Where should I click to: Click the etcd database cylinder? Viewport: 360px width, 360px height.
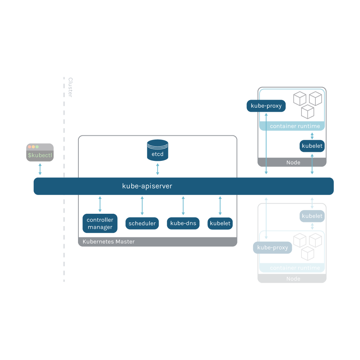157,150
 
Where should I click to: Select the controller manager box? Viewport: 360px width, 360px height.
100,223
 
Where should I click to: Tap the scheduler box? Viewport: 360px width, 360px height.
142,223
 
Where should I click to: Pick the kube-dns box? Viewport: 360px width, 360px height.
183,223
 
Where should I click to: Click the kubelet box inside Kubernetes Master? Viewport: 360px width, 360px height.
220,223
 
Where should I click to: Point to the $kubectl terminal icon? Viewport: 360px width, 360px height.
40,153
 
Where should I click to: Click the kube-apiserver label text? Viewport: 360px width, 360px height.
147,186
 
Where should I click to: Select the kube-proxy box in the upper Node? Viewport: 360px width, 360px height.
266,106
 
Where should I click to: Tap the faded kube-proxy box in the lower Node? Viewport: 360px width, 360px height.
272,247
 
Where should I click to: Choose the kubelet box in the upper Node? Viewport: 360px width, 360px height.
312,146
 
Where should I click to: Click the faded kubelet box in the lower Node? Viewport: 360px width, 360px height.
312,216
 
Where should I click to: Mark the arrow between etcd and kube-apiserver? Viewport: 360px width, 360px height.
157,169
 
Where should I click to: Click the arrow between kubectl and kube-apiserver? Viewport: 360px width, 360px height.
40,169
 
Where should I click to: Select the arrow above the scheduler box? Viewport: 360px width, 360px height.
142,205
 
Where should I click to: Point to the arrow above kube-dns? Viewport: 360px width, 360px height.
183,205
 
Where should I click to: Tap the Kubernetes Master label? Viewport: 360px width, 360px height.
108,242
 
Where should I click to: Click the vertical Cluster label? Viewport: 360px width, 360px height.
70,87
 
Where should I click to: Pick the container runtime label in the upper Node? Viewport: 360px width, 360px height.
295,126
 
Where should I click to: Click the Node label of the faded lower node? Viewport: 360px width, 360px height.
293,279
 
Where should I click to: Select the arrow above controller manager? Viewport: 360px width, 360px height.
100,204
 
